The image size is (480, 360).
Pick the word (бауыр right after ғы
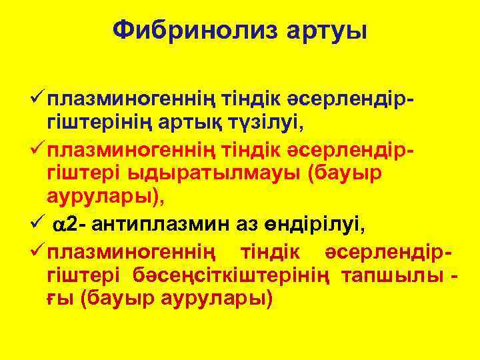[115, 298]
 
